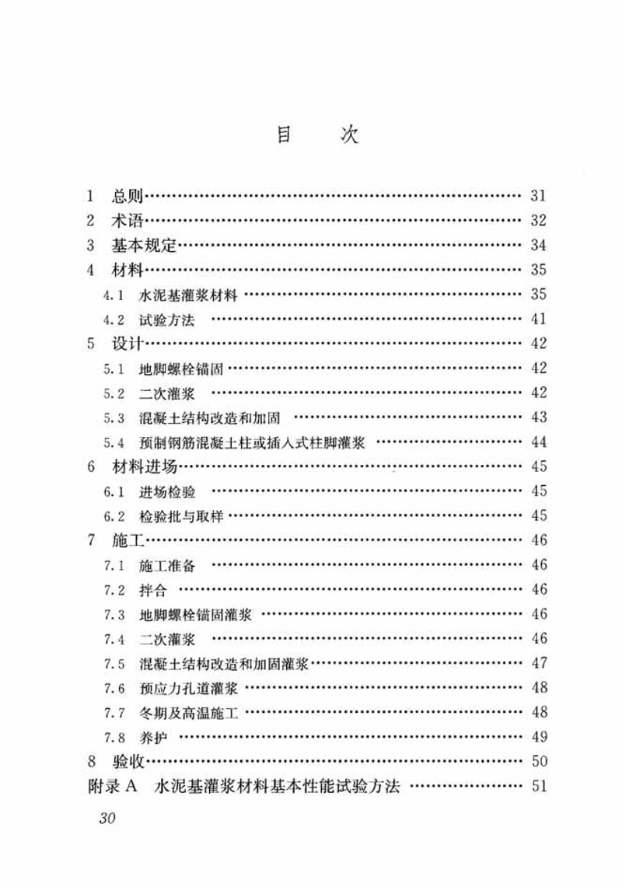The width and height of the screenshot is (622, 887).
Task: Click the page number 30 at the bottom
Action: pos(103,819)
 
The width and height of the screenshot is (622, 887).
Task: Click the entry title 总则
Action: pos(127,196)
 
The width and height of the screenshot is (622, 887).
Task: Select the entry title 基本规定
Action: pos(145,246)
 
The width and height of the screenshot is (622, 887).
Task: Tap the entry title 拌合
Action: pos(153,590)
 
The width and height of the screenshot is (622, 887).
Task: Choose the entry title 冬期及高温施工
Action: pos(189,713)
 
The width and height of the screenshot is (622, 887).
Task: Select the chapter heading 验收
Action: pos(127,762)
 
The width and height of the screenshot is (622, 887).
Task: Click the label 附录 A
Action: pos(113,786)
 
